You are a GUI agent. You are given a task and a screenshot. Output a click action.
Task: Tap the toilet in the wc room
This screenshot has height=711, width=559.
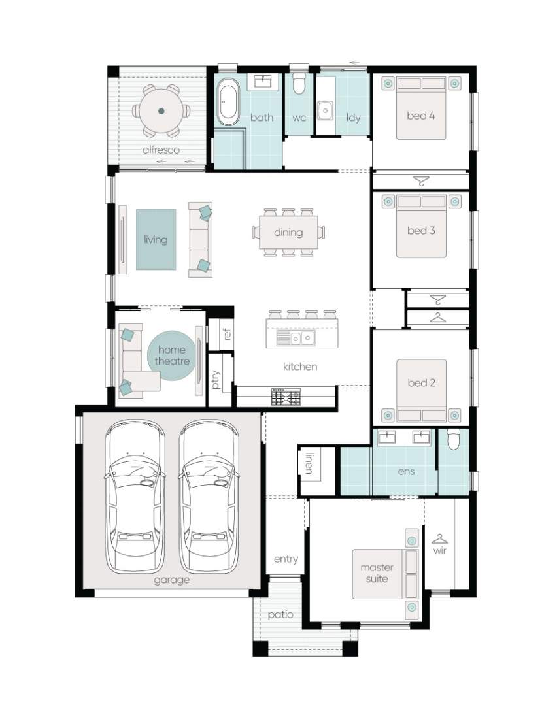(299, 82)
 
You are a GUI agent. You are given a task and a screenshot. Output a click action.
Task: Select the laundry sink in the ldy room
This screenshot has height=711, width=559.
(325, 110)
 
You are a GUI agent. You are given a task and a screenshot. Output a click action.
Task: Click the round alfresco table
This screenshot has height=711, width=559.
(161, 110)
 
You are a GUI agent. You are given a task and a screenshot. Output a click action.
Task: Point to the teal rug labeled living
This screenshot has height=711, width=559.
(156, 239)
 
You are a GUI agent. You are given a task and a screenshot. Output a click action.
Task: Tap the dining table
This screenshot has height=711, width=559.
(288, 232)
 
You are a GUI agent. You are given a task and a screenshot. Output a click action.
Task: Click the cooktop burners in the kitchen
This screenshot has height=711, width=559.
(286, 397)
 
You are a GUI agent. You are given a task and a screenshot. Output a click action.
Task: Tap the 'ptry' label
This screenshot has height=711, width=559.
(216, 380)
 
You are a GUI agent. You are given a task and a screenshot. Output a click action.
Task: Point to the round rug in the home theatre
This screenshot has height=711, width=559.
(171, 356)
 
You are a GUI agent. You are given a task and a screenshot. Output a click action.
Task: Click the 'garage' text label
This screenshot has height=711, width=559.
(171, 580)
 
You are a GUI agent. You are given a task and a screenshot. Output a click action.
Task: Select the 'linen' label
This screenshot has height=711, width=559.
(310, 463)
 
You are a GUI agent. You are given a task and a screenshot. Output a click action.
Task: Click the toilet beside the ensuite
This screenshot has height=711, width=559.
(453, 439)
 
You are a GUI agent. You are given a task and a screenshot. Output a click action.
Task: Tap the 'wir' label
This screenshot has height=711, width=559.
(439, 550)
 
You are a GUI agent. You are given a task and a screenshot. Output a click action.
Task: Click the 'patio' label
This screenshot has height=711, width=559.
(280, 615)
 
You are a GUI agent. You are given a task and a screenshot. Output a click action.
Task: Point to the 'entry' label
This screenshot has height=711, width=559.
(286, 559)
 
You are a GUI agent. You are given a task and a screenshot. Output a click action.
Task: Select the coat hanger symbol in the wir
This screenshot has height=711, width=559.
(439, 538)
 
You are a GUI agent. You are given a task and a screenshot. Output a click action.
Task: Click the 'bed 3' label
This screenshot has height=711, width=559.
(421, 230)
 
